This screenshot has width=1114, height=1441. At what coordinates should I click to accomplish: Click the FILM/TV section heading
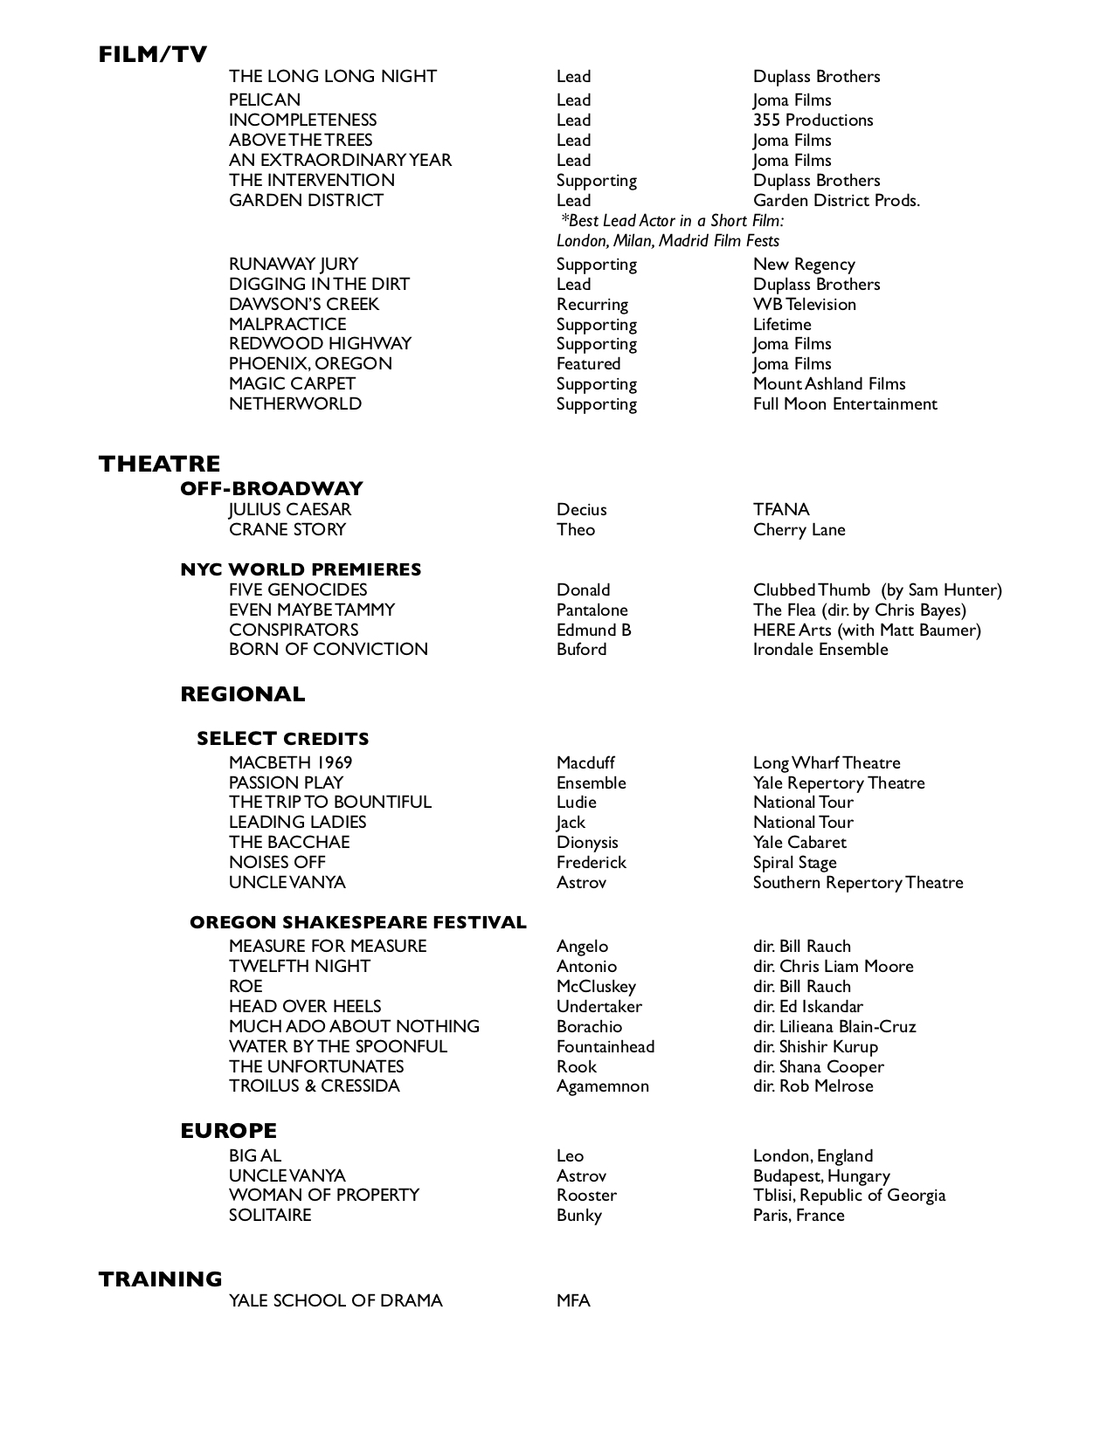(x=153, y=54)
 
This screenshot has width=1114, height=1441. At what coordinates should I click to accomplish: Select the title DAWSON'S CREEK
(x=304, y=304)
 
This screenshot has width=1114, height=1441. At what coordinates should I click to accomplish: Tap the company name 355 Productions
(x=813, y=120)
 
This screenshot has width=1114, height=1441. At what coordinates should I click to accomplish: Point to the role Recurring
(x=592, y=304)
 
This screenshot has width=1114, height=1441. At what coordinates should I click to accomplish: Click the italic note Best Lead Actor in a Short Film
(x=672, y=220)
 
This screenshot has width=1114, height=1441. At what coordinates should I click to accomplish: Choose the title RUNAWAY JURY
(x=293, y=264)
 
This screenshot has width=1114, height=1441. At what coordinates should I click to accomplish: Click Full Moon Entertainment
(x=844, y=403)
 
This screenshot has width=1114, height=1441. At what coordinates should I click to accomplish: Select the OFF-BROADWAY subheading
(x=271, y=488)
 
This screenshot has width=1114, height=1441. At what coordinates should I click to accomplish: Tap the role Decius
(x=581, y=509)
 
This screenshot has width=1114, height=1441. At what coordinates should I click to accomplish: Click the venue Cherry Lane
(x=799, y=529)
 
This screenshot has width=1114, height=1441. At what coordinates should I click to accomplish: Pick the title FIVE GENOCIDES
(x=298, y=589)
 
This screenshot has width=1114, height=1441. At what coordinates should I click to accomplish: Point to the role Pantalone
(x=592, y=610)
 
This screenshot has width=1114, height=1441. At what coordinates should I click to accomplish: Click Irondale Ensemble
(x=820, y=649)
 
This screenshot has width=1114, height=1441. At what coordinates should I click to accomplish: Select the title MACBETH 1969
(x=290, y=762)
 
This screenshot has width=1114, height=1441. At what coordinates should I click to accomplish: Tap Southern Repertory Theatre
(x=857, y=882)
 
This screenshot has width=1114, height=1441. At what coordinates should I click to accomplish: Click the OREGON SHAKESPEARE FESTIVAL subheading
(x=357, y=922)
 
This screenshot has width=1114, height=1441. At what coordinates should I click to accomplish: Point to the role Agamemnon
(x=602, y=1086)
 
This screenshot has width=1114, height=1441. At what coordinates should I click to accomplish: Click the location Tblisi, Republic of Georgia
(x=848, y=1195)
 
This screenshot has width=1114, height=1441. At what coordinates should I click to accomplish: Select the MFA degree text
(x=573, y=1300)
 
